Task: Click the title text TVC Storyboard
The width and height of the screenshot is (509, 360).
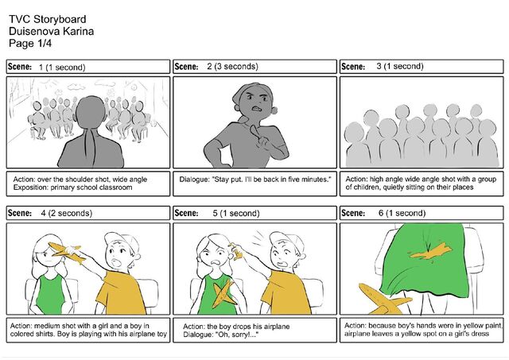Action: pyautogui.click(x=48, y=19)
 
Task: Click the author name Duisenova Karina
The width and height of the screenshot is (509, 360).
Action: pyautogui.click(x=51, y=31)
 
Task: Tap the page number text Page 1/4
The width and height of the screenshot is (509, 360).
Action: pyautogui.click(x=30, y=43)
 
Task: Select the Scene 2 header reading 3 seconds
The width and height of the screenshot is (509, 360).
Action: pyautogui.click(x=232, y=67)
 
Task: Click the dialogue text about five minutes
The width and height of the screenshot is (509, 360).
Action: pyautogui.click(x=255, y=180)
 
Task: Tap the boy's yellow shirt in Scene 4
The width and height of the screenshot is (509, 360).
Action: pyautogui.click(x=121, y=292)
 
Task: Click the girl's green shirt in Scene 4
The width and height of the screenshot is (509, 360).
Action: pyautogui.click(x=50, y=295)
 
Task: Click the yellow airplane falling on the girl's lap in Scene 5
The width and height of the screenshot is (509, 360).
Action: pyautogui.click(x=224, y=295)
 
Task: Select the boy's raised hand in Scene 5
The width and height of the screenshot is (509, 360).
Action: pyautogui.click(x=236, y=251)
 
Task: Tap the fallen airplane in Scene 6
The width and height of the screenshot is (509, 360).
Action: pyautogui.click(x=383, y=300)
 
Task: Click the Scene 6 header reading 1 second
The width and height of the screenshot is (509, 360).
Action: pyautogui.click(x=402, y=213)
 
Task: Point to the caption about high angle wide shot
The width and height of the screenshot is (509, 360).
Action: pyautogui.click(x=421, y=184)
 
